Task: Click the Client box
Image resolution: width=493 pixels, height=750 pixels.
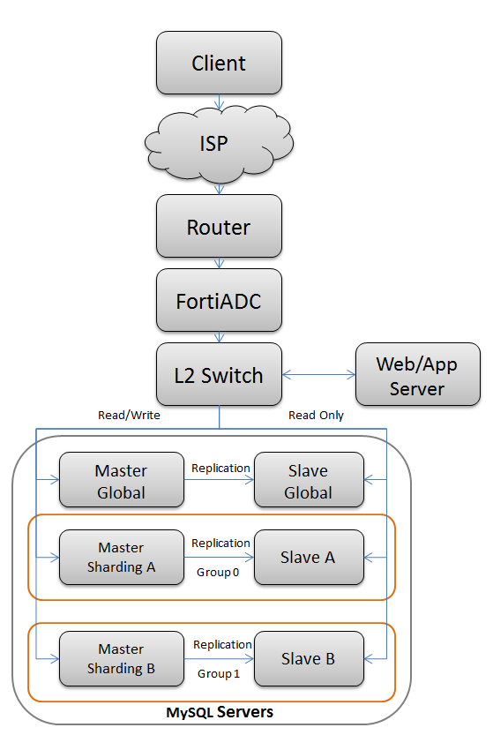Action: click(219, 64)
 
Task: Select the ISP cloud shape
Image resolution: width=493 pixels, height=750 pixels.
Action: click(219, 142)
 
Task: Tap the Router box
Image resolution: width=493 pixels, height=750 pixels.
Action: click(219, 227)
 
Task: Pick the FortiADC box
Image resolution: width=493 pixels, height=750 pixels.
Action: click(219, 301)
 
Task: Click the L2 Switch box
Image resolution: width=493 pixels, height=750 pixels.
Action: click(219, 375)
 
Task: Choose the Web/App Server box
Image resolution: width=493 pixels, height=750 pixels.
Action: click(417, 375)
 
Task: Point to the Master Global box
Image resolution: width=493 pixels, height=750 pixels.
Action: click(121, 481)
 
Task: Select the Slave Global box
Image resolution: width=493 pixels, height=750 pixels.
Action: click(309, 481)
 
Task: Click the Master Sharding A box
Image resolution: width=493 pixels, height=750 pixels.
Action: click(121, 558)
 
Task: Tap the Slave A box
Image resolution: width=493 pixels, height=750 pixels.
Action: click(309, 557)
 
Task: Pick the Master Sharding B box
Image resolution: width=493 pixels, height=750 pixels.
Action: click(121, 659)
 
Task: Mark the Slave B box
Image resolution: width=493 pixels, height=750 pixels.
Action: click(309, 659)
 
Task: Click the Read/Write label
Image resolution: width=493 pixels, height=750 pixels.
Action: click(129, 415)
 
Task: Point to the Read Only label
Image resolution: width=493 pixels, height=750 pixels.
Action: click(316, 415)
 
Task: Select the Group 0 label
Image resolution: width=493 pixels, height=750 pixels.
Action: click(218, 572)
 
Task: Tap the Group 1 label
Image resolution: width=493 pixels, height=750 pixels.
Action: click(218, 673)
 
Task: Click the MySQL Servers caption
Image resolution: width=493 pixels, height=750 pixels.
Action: click(220, 712)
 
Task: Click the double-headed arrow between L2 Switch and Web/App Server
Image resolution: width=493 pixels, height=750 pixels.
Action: click(318, 375)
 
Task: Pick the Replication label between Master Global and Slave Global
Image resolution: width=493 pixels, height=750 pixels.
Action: click(220, 468)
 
